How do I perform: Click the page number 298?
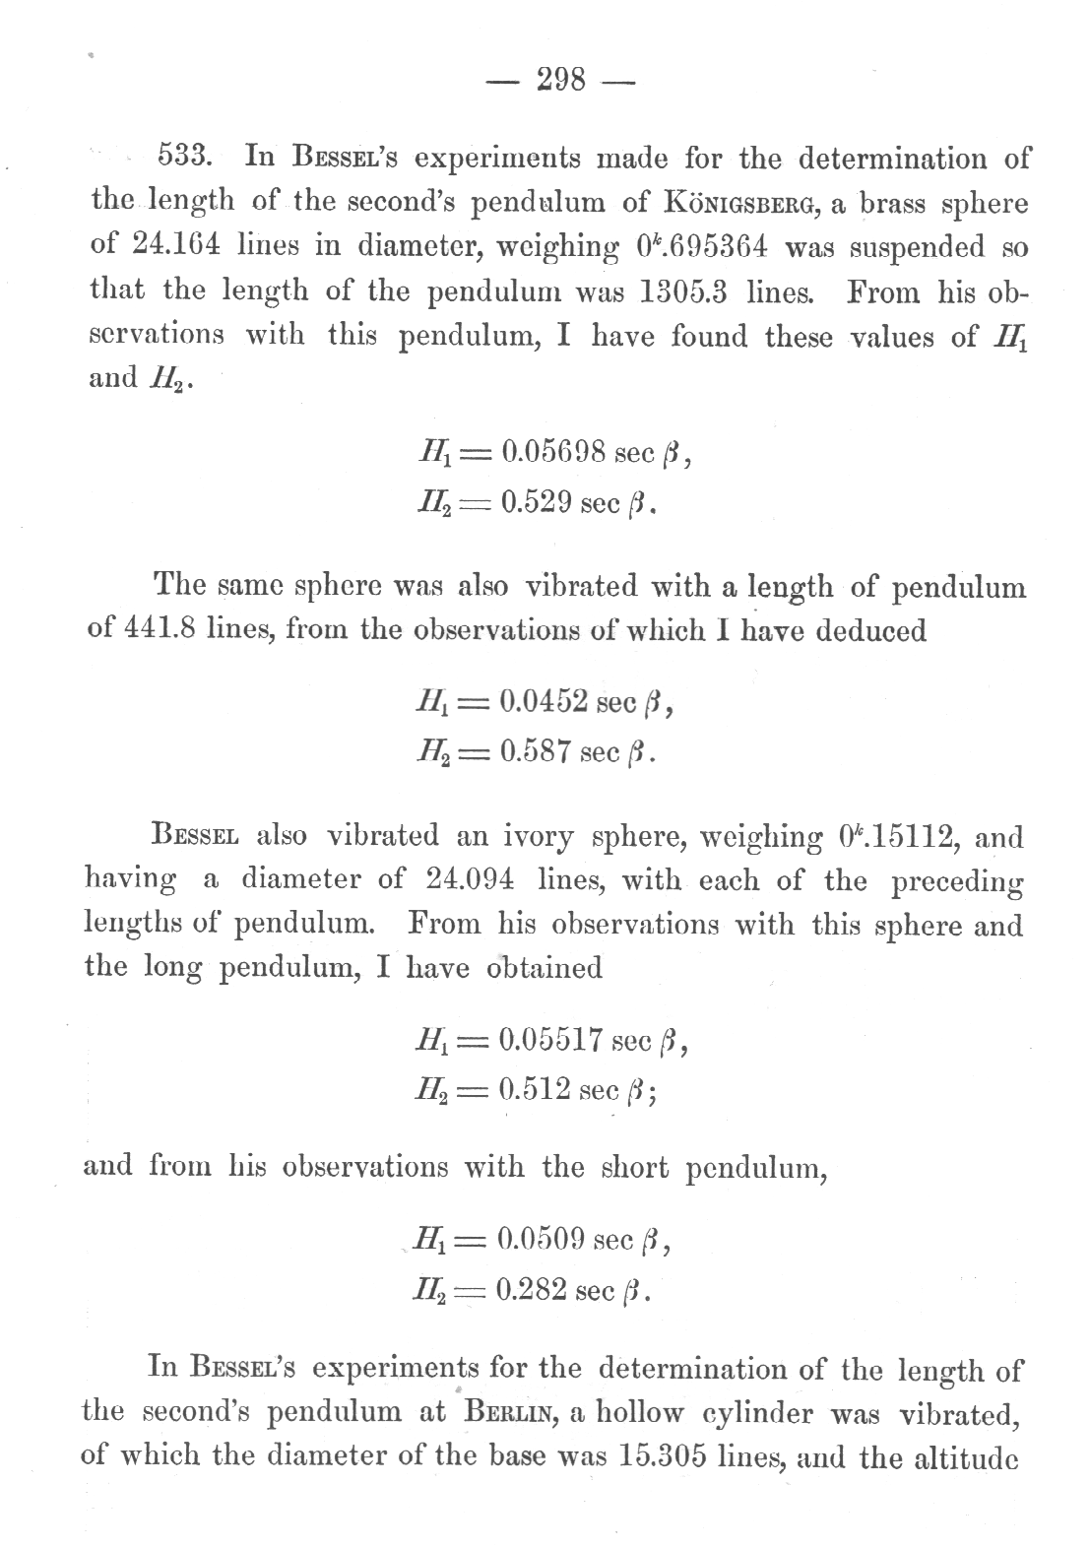click(560, 80)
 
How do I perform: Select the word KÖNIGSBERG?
click(748, 205)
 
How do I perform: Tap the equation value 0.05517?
click(551, 1041)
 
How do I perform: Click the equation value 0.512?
click(536, 1090)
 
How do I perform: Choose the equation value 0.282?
click(535, 1289)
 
